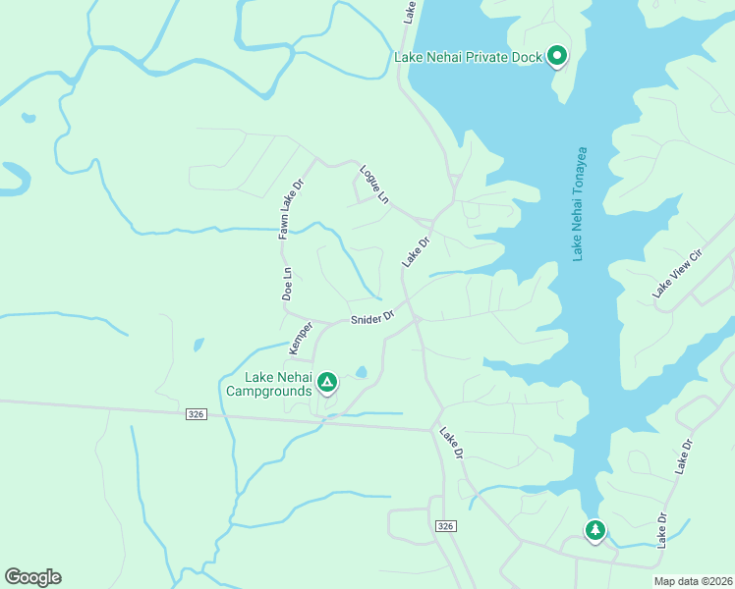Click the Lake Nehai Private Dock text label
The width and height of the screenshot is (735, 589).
click(x=468, y=57)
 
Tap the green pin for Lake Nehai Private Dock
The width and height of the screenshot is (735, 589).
click(x=557, y=56)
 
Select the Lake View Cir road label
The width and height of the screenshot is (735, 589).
click(x=678, y=274)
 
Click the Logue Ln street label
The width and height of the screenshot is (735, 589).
click(x=374, y=184)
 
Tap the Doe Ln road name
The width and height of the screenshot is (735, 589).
click(x=287, y=284)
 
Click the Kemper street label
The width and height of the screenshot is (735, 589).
click(x=300, y=339)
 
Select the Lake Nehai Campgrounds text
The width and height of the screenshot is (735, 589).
click(x=278, y=384)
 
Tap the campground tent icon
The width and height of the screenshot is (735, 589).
click(x=326, y=382)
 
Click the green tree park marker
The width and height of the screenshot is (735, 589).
click(x=594, y=530)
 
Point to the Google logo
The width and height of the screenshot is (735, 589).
click(x=32, y=577)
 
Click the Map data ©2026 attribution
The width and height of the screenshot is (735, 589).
click(x=693, y=581)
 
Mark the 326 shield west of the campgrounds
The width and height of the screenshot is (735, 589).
click(x=196, y=415)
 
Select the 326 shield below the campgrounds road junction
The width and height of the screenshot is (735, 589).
click(x=445, y=527)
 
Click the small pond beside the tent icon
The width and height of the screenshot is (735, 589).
click(x=362, y=372)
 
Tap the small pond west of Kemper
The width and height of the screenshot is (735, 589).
click(x=198, y=345)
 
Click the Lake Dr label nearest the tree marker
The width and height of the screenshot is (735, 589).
click(x=663, y=530)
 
